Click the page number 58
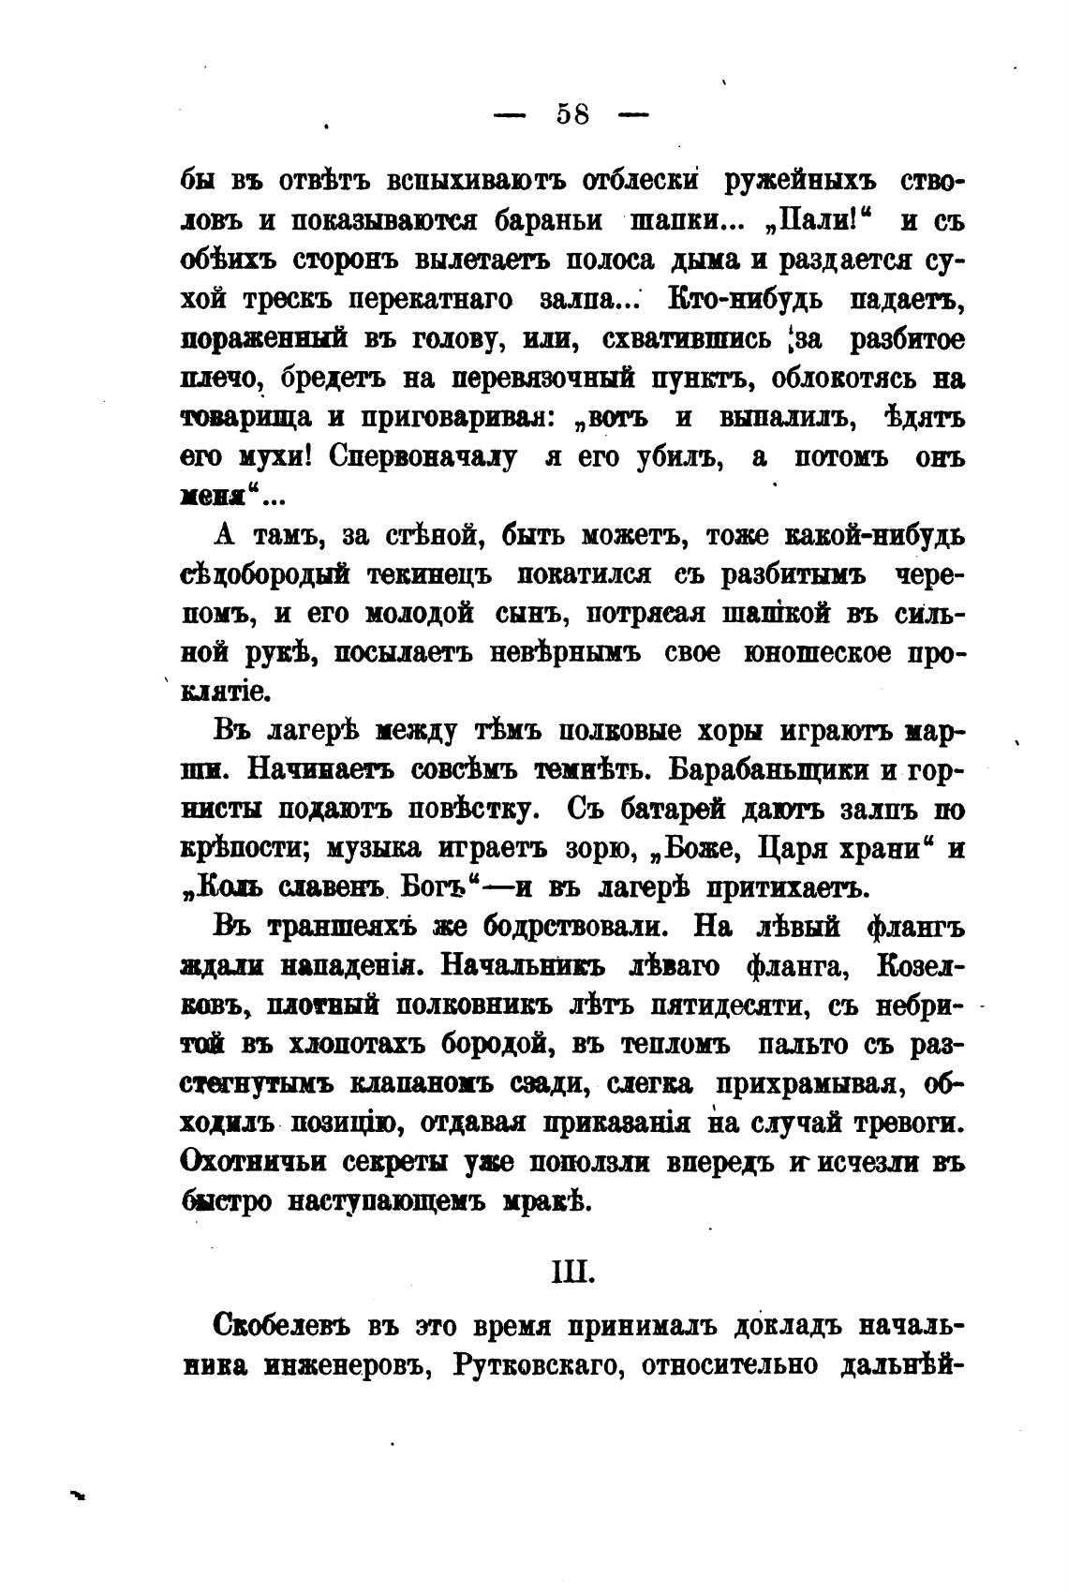coord(572,114)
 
